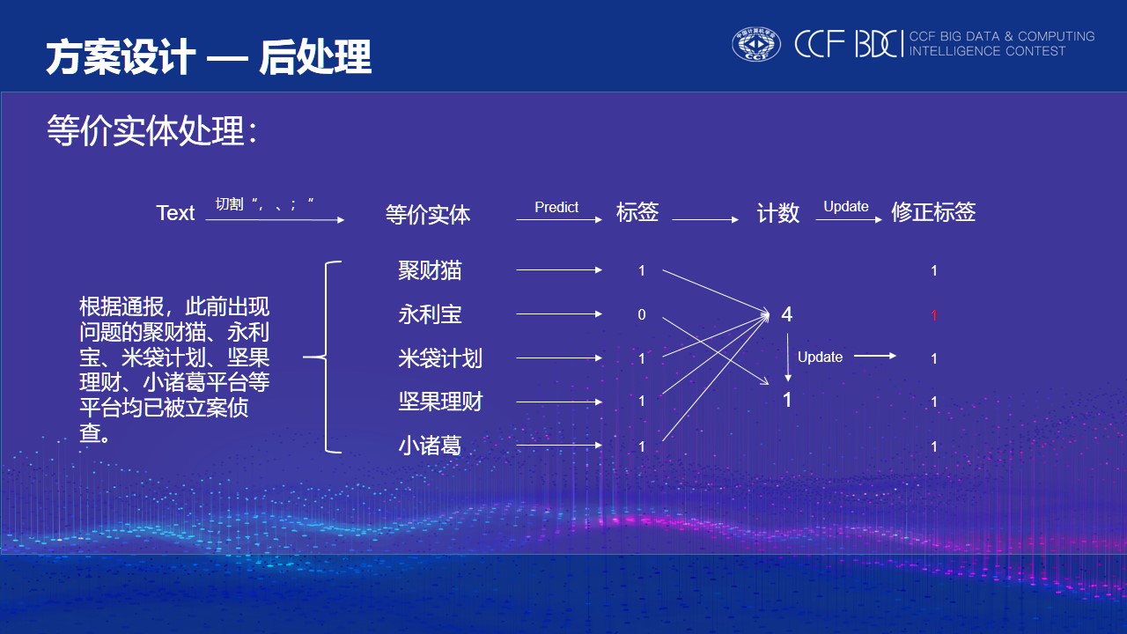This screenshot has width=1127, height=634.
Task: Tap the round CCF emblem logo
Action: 755,44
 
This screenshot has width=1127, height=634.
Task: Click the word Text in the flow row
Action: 175,213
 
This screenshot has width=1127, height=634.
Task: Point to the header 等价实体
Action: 428,214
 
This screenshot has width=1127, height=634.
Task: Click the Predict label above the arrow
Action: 556,207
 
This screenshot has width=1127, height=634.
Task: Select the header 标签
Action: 637,212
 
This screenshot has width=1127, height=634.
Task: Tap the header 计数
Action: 778,213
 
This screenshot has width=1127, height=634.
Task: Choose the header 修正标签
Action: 933,212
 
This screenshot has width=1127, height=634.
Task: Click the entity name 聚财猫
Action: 430,270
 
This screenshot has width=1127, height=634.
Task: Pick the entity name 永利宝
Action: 430,314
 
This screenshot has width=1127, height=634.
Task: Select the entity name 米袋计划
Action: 440,358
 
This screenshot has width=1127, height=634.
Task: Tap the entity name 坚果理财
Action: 440,402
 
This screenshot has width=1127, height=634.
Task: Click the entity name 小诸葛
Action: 430,446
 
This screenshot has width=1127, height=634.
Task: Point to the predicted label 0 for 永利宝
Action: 642,314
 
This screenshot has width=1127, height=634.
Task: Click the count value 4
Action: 787,314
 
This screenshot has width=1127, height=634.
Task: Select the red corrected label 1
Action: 934,315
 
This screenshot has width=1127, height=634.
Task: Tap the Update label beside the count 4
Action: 820,357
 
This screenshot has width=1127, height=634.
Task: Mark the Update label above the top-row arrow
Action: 846,206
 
